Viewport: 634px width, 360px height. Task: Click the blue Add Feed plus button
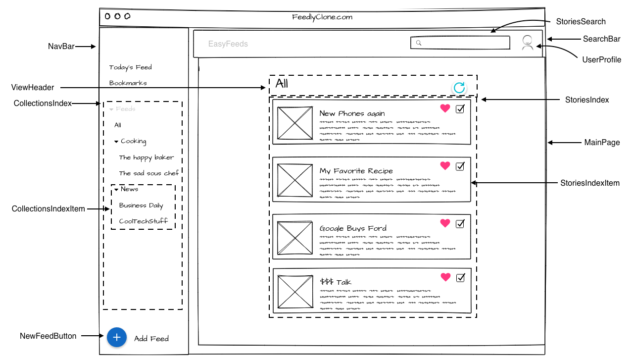116,337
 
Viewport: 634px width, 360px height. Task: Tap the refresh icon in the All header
459,88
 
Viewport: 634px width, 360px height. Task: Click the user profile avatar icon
528,43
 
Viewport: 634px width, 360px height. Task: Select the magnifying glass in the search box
418,43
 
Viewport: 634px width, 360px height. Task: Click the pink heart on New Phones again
445,108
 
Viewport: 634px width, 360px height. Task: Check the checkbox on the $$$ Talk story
460,277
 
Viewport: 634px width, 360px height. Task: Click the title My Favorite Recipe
356,171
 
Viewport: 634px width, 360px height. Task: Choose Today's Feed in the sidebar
130,67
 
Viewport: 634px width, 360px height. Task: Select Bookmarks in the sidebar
128,83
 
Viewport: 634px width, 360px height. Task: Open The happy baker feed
146,157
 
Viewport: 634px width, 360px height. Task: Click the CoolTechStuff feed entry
143,221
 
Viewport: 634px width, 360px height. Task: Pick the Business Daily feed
141,206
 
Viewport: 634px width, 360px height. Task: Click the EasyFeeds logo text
228,44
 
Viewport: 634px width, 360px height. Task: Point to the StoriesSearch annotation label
581,22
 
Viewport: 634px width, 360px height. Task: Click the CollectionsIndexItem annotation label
48,209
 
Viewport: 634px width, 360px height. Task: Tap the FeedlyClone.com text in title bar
322,17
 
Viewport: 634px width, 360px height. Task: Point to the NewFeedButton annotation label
48,336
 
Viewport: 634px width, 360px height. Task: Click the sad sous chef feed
148,173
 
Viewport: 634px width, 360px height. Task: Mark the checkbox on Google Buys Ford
460,224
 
